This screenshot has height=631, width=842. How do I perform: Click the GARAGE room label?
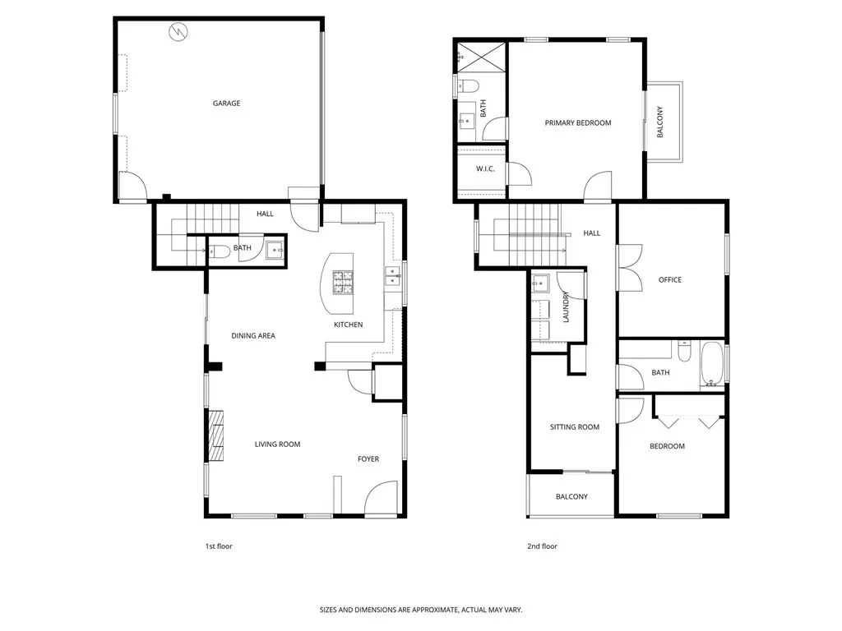click(x=226, y=104)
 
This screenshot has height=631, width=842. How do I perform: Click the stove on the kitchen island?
click(x=344, y=283)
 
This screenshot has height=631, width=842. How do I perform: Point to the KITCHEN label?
click(x=348, y=325)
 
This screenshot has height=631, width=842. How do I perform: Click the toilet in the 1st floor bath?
click(x=217, y=252)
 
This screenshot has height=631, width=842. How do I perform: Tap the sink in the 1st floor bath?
click(x=274, y=250)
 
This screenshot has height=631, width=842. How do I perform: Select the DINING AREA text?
click(x=252, y=335)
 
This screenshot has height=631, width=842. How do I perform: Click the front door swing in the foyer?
click(x=381, y=499)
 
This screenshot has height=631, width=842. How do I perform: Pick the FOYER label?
click(x=368, y=458)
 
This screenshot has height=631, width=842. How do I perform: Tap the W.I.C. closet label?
click(x=484, y=169)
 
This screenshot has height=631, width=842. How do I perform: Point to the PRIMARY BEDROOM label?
click(x=578, y=123)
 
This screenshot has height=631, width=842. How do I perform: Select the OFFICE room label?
click(x=669, y=280)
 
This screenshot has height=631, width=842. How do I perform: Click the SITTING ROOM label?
click(x=574, y=427)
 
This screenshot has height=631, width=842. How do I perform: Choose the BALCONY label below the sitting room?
click(x=571, y=497)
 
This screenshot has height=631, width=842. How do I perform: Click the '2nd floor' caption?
click(x=542, y=546)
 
